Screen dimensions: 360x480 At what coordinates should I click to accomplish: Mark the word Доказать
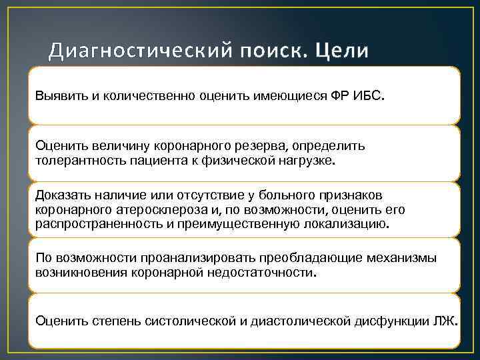click(63, 195)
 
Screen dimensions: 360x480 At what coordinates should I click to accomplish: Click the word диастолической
click(292, 321)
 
